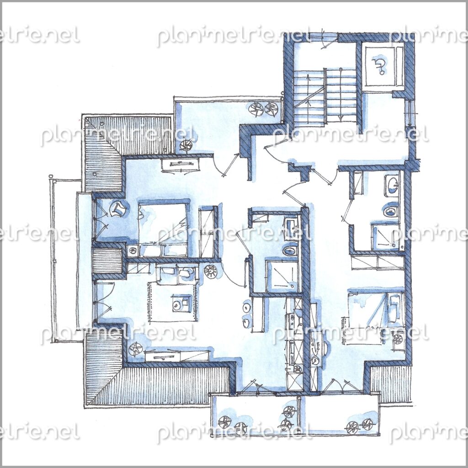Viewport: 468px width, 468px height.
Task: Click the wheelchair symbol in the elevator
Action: pos(378,66)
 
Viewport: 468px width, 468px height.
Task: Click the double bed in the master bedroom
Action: pos(163,230)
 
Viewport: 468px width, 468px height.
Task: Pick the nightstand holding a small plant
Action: pos(132,250)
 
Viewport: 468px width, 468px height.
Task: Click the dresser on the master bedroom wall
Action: pos(180,165)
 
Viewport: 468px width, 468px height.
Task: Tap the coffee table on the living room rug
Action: pos(181,303)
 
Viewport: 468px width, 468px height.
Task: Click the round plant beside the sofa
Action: pos(211,271)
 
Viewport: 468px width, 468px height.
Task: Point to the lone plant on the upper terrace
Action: pos(187,145)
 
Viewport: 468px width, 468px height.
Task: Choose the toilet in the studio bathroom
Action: pos(391,210)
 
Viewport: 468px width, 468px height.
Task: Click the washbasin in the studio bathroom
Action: pos(392,185)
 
